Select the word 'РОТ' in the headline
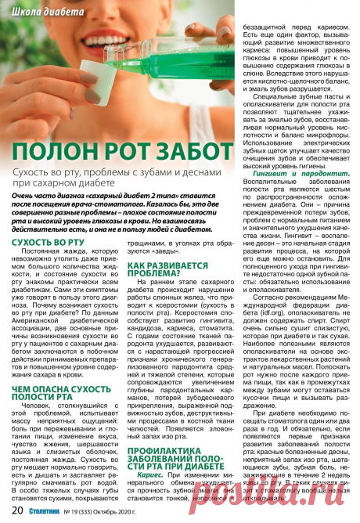point(126,151)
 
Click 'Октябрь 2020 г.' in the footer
point(138,512)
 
